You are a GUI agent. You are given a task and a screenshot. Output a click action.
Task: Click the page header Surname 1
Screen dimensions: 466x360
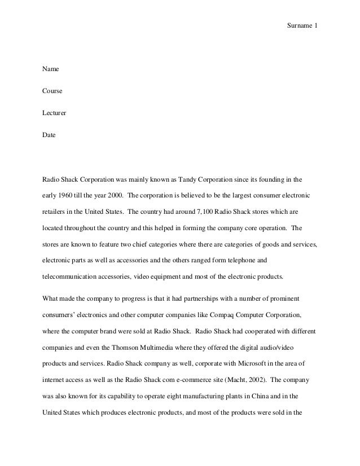click(302, 27)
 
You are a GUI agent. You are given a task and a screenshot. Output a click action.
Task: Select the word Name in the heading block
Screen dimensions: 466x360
click(51, 69)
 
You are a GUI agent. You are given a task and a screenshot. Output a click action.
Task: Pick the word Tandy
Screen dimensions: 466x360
click(190, 181)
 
